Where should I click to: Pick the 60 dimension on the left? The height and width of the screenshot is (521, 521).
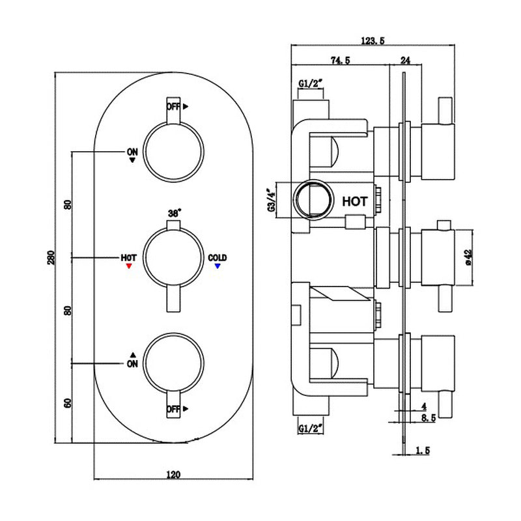click(67, 402)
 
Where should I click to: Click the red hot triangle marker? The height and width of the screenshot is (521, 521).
click(128, 266)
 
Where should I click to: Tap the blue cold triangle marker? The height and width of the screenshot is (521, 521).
click(218, 266)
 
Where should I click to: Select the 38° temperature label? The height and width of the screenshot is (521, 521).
click(174, 212)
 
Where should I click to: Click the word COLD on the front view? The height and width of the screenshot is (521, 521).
click(218, 258)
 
